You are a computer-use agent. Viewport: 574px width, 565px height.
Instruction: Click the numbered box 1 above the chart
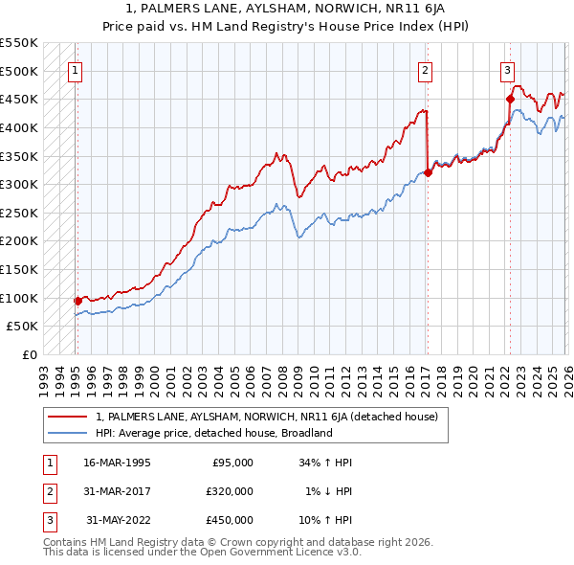75,69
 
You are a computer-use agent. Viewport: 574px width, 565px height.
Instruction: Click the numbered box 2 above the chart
425,69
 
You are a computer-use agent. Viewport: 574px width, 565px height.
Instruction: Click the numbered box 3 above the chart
507,69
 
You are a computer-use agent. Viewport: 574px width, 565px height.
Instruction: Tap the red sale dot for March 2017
427,172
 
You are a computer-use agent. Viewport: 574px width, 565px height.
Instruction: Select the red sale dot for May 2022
509,99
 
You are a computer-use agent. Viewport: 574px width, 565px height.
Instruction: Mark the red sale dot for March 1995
77,300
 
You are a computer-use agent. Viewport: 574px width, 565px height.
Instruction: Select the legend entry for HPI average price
212,433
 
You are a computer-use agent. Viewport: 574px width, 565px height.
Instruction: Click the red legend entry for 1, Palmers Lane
266,417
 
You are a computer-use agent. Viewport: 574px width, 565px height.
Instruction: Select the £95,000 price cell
232,463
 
